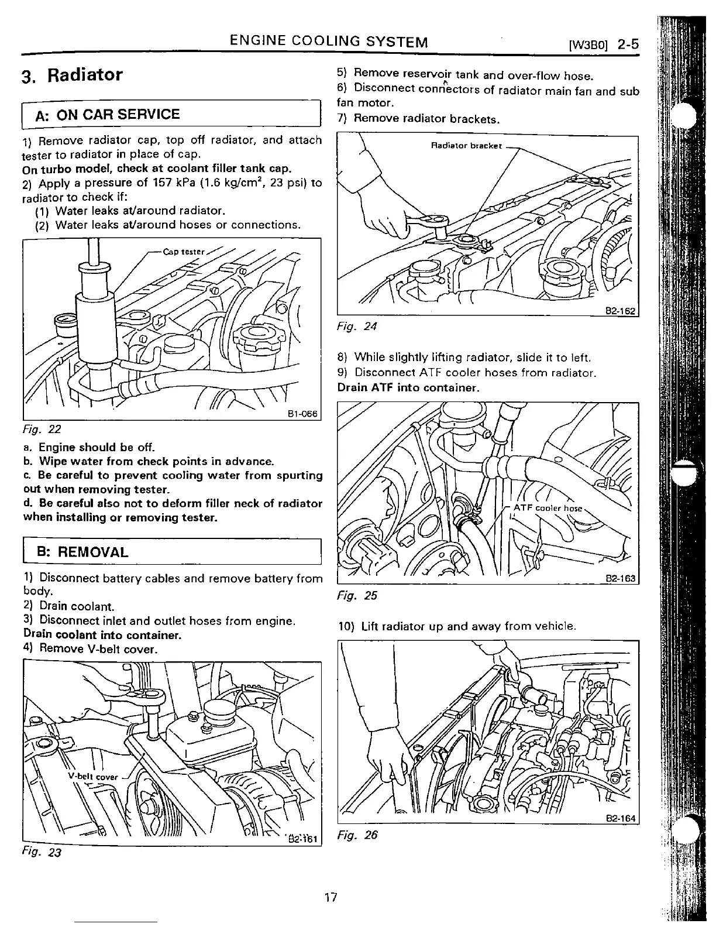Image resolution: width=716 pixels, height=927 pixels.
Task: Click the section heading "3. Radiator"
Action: pyautogui.click(x=72, y=75)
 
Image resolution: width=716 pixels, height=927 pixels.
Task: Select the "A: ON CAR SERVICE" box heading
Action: pyautogui.click(x=108, y=114)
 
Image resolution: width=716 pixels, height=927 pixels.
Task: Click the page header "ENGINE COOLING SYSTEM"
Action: pyautogui.click(x=329, y=42)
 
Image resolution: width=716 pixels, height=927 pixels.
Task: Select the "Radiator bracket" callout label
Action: pyautogui.click(x=466, y=146)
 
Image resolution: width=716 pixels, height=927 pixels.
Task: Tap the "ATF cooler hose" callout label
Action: pyautogui.click(x=548, y=508)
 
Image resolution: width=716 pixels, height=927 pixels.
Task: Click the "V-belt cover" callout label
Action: pyautogui.click(x=93, y=777)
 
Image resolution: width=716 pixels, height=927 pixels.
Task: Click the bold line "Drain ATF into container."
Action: pyautogui.click(x=408, y=387)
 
